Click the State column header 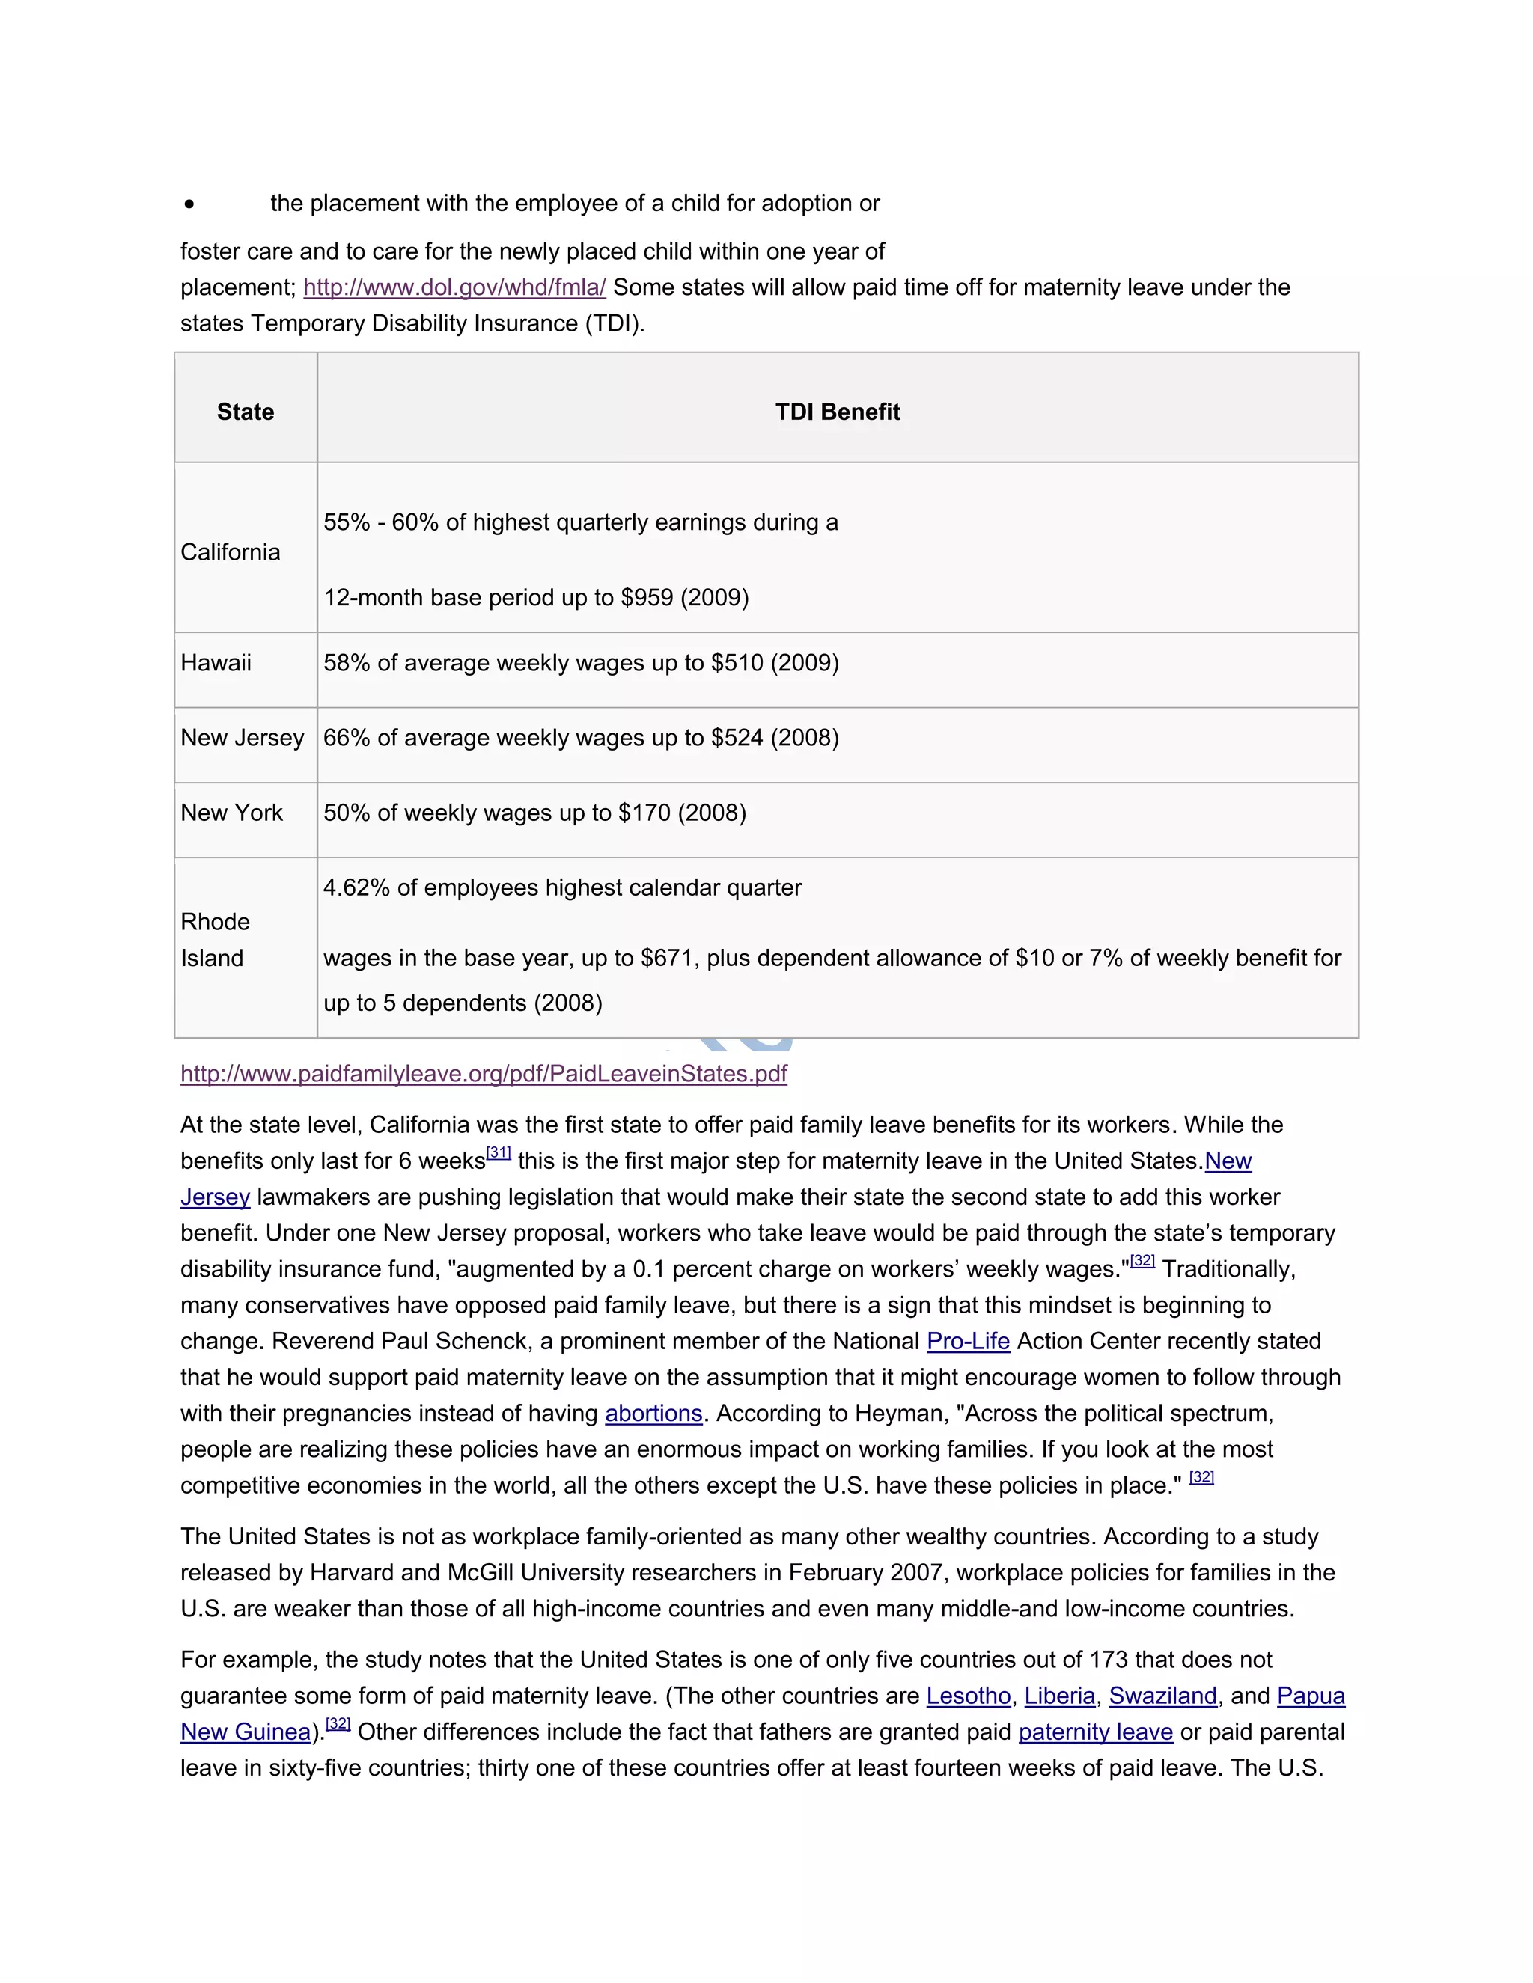click(246, 412)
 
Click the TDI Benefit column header click(838, 412)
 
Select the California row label click(230, 552)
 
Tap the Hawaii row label click(216, 663)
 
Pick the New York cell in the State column click(231, 813)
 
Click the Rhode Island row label click(216, 940)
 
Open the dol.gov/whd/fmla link click(454, 288)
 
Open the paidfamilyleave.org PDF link click(483, 1073)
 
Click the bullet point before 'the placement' click(189, 204)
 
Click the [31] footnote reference click(499, 1153)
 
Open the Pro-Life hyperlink click(968, 1341)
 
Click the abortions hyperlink click(654, 1414)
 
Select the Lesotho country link click(968, 1696)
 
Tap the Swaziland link click(1162, 1696)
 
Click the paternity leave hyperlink click(1095, 1732)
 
